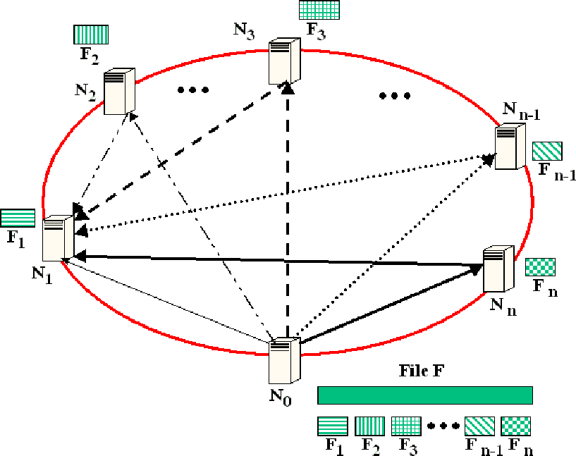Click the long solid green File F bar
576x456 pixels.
pyautogui.click(x=424, y=395)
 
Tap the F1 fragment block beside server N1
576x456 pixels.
pyautogui.click(x=18, y=218)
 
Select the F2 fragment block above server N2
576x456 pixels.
pyautogui.click(x=90, y=35)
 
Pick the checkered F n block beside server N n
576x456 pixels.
pyautogui.click(x=541, y=267)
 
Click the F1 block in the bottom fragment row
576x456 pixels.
pyautogui.click(x=332, y=426)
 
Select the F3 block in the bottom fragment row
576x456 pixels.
pyautogui.click(x=406, y=426)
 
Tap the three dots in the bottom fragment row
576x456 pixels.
pyautogui.click(x=442, y=426)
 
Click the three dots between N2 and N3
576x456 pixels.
pyautogui.click(x=193, y=90)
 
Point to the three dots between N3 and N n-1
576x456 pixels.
pyautogui.click(x=394, y=96)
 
